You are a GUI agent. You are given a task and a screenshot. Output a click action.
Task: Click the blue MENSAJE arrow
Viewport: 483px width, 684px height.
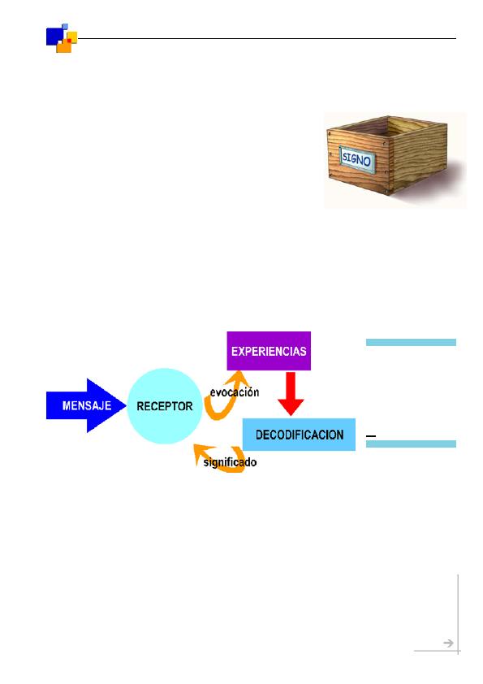pyautogui.click(x=86, y=405)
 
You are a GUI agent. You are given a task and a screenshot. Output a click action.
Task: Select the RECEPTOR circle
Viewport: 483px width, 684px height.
pyautogui.click(x=165, y=406)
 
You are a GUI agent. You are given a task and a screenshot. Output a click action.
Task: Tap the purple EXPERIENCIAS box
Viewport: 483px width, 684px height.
pyautogui.click(x=269, y=351)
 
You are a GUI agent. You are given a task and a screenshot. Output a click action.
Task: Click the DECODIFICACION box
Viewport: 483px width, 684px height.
pyautogui.click(x=299, y=435)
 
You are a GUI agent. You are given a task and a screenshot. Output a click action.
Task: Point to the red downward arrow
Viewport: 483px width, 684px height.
pyautogui.click(x=291, y=393)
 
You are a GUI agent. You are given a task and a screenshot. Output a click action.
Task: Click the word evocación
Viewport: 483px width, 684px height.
pyautogui.click(x=235, y=392)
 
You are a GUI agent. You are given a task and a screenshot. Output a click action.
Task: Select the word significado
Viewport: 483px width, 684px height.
pyautogui.click(x=230, y=462)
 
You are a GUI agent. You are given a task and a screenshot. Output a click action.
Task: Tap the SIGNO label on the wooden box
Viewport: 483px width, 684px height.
pyautogui.click(x=356, y=160)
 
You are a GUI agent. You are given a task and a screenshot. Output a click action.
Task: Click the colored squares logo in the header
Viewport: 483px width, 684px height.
pyautogui.click(x=62, y=38)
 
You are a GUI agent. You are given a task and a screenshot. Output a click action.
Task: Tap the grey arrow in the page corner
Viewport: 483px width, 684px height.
pyautogui.click(x=448, y=643)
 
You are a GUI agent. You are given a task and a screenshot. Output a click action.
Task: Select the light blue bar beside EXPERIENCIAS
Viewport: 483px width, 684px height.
pyautogui.click(x=411, y=343)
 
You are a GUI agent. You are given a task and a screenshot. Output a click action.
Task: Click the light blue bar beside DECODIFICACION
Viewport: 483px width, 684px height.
pyautogui.click(x=411, y=444)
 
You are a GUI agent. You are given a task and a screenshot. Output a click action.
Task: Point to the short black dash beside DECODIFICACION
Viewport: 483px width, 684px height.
pyautogui.click(x=371, y=435)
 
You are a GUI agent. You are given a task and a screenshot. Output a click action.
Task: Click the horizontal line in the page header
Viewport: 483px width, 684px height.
pyautogui.click(x=267, y=38)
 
